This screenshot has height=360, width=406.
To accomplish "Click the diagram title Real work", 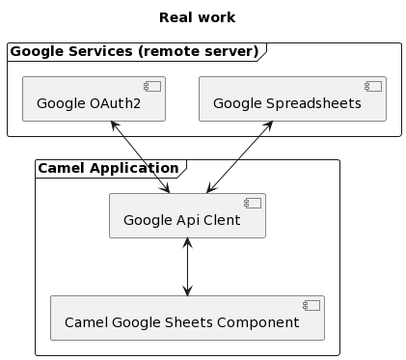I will tap(197, 17).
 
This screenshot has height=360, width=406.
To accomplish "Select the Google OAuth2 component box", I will tap(94, 99).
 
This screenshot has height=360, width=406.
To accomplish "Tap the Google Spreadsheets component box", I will tap(292, 99).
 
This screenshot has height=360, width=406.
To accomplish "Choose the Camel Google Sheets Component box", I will tap(187, 318).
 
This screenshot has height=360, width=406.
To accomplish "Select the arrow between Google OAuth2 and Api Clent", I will tap(142, 157).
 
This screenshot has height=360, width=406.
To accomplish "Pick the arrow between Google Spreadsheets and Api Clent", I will tap(239, 157).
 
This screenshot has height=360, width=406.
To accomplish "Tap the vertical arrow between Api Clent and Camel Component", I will tap(187, 266).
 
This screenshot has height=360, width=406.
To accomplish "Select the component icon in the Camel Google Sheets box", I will tap(311, 305).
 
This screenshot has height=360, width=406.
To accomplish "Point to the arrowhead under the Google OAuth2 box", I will tap(114, 126).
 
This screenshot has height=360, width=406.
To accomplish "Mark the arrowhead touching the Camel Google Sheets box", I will tap(187, 291).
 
